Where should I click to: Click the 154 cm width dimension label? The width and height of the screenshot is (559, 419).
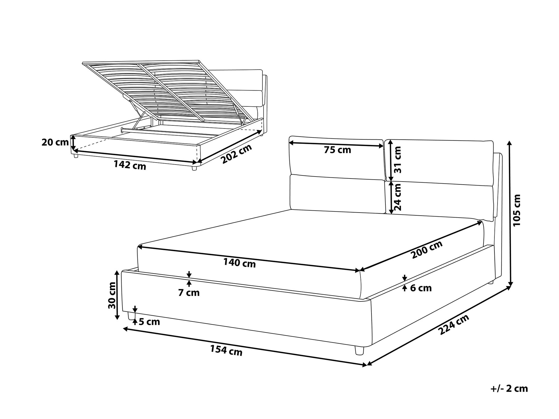(x=226, y=351)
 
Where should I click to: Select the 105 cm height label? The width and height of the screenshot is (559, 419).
(x=517, y=210)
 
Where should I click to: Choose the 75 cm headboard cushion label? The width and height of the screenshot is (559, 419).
(x=337, y=150)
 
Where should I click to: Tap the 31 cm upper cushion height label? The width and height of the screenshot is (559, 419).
(x=397, y=159)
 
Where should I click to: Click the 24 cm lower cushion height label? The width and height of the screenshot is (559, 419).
(x=397, y=197)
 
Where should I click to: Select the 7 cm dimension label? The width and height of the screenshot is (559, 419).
(x=189, y=293)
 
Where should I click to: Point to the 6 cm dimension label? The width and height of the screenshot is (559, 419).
(x=421, y=288)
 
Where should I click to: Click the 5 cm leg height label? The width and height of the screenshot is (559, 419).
(x=149, y=322)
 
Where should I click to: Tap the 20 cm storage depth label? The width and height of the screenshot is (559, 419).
(x=55, y=142)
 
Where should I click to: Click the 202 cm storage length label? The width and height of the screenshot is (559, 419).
(x=236, y=154)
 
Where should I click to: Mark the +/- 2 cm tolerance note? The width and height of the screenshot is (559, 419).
(x=509, y=389)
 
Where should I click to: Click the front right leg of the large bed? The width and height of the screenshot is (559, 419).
(x=359, y=351)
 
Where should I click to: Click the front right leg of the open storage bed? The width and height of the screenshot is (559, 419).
(x=194, y=168)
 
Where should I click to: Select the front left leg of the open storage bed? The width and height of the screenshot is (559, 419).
(x=75, y=156)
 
